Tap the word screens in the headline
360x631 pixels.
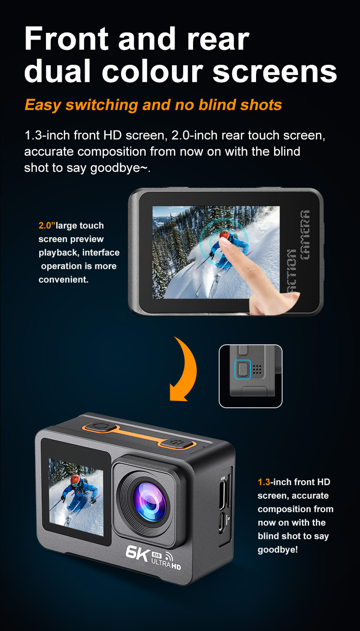coord(274,72)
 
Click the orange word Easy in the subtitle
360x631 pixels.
coord(43,105)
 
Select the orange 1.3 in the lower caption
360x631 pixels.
coord(263,482)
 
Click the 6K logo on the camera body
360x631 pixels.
coord(137,552)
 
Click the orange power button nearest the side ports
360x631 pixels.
coord(177,443)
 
